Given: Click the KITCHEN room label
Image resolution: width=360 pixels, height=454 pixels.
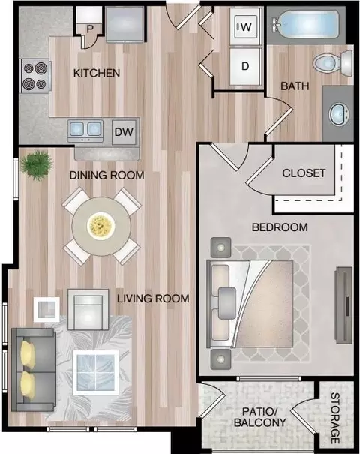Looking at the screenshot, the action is tap(97, 73).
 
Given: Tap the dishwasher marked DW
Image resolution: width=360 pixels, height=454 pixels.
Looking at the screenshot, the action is tap(124, 132).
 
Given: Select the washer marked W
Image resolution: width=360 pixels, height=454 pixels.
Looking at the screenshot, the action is tap(246, 26).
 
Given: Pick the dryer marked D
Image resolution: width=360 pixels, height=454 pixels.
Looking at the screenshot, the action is tap(245, 66).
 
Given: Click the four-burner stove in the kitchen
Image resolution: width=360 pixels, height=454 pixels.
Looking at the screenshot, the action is tap(35, 76).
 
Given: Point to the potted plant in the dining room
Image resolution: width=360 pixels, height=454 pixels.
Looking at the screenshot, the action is tap(37, 165).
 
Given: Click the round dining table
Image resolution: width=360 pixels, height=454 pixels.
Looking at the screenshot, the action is tap(101, 226).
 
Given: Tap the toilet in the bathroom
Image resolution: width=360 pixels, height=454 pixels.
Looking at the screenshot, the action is tap(332, 62).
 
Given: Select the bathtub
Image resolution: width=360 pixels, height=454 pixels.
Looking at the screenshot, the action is tap(305, 25).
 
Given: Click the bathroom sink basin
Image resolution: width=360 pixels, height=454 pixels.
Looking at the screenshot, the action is tap(339, 114).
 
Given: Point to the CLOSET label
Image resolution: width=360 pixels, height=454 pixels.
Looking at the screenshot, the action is tap(304, 173).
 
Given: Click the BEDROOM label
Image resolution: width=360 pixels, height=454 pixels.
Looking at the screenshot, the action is tap(280, 227).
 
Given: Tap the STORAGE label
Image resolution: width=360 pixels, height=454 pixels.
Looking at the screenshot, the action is tap(335, 418).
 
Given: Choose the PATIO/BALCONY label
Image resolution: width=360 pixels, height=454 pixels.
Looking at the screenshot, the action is tap(259, 417).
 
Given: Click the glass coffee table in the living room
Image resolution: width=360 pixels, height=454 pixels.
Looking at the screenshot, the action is tap(96, 373).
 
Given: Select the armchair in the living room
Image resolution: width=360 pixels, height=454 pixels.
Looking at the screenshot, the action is tap(88, 309).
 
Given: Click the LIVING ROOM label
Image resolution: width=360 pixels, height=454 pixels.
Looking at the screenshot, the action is tap(153, 299).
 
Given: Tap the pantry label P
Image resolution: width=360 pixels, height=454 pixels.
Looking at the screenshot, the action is tap(90, 29).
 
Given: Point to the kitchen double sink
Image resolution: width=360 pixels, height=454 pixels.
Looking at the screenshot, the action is tap(85, 131).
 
